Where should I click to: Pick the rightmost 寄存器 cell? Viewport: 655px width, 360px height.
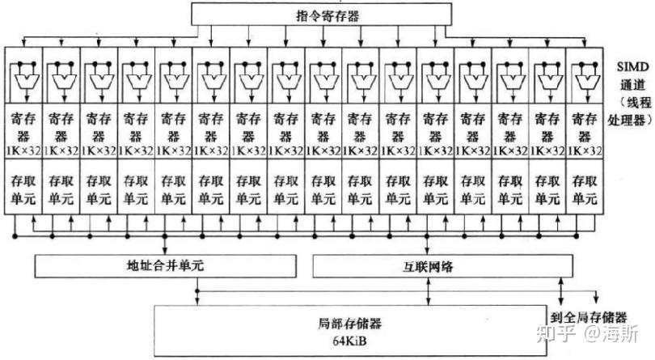click(585, 125)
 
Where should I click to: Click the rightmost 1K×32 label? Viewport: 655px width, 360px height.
click(585, 150)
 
